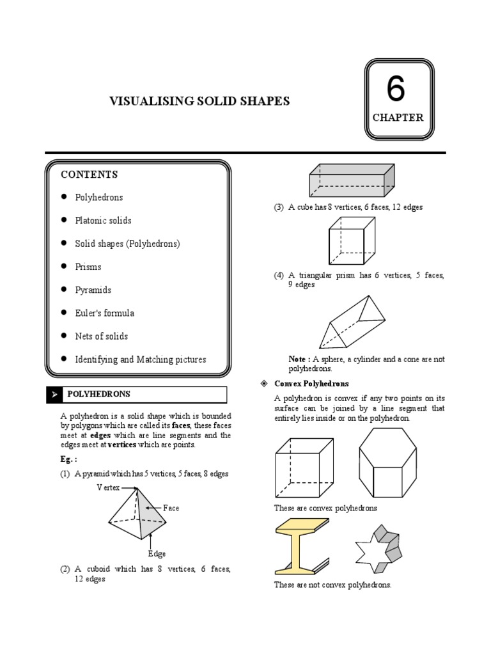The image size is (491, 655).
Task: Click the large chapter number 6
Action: [396, 90]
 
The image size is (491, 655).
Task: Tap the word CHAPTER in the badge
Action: [398, 117]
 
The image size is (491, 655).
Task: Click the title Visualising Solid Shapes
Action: [199, 101]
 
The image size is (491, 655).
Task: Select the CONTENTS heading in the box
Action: [89, 175]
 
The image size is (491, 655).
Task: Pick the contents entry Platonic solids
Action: [103, 221]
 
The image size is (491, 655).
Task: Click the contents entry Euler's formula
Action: [104, 313]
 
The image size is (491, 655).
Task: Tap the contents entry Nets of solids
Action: [101, 336]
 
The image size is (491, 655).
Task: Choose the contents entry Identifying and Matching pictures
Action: [140, 359]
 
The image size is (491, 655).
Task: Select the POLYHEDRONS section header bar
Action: [136, 395]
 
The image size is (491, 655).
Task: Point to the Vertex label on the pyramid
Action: [108, 487]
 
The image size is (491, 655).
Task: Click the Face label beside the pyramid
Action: [171, 508]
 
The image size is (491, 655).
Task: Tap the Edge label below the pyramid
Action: [157, 554]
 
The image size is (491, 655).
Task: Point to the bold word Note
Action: [298, 359]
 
